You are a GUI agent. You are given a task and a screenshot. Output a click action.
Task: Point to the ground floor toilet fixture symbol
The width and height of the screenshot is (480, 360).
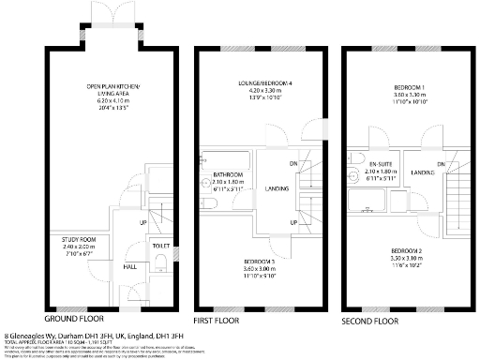[162, 260]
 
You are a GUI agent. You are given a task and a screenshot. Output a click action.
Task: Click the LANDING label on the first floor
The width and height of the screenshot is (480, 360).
[277, 188]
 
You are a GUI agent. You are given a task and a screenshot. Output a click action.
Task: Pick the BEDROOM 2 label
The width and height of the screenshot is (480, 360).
[409, 251]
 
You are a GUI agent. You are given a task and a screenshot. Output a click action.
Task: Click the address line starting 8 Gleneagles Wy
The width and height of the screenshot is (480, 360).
[94, 333]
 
